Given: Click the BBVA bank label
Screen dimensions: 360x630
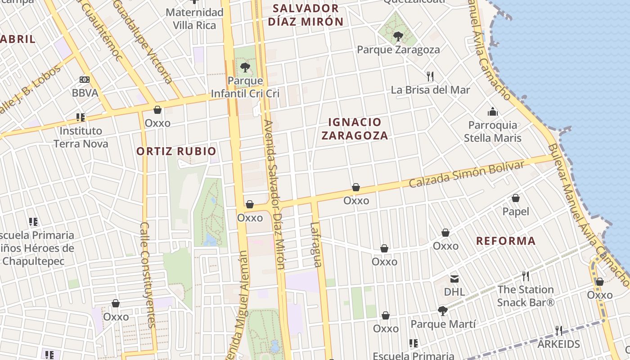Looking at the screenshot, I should (x=85, y=93).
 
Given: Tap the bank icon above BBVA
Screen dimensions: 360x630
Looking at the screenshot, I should (x=85, y=80).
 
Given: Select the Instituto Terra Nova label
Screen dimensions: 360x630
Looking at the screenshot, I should (x=81, y=137).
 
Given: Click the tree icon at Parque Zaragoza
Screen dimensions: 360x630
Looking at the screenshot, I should (x=398, y=36).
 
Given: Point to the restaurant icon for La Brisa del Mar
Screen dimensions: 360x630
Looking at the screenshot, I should (x=430, y=76).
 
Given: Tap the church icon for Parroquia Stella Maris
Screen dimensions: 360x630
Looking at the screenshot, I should (x=493, y=112).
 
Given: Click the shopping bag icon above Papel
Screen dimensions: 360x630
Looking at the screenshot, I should (x=516, y=198).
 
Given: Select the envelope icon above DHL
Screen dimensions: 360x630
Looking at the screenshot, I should (x=454, y=279).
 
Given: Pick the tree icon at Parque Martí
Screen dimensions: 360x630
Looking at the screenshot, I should (x=443, y=310).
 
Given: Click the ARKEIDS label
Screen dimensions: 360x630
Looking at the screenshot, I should (x=559, y=344).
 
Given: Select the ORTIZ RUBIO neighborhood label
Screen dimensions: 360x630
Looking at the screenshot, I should (x=176, y=151).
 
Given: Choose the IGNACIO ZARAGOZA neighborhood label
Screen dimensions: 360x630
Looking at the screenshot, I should (x=355, y=129).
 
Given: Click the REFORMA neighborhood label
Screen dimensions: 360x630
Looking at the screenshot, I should (x=506, y=241).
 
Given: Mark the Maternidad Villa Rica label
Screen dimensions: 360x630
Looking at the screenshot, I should (x=195, y=19).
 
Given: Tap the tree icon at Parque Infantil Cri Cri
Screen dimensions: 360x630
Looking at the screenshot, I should (x=245, y=67).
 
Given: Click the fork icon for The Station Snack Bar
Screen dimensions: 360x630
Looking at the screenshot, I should (x=525, y=276).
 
